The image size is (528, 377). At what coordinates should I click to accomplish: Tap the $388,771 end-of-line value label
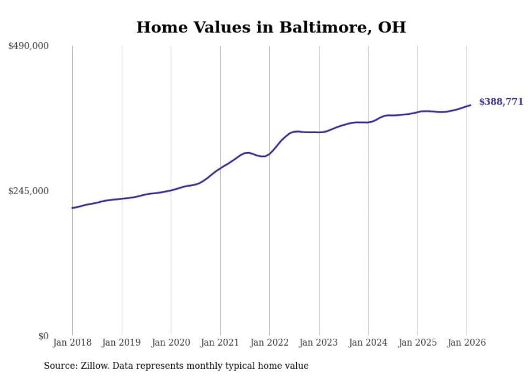pos(501,101)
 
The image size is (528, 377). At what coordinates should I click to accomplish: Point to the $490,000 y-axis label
pos(29,46)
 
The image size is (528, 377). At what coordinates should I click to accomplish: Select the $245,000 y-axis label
pos(29,191)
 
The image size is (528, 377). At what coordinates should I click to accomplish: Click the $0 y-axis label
pos(43,336)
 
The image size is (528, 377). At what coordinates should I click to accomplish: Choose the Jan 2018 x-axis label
pos(72,342)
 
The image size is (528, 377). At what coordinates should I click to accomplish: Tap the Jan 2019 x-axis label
pos(121,342)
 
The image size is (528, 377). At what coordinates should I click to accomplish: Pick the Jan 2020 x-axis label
pos(171,342)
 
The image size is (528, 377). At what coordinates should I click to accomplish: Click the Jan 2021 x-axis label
pos(220,342)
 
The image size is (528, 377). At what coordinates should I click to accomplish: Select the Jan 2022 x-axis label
pos(269,342)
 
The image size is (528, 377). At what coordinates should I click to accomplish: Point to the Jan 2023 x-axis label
pos(318,342)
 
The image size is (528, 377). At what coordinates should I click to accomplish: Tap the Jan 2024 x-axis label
pos(368,342)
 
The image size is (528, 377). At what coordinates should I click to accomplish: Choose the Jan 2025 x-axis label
pos(417,342)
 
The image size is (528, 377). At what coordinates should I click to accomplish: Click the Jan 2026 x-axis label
pos(467,342)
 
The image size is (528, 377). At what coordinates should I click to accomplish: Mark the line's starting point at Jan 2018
pos(72,208)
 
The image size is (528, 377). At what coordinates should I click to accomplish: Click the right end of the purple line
pos(470,105)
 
